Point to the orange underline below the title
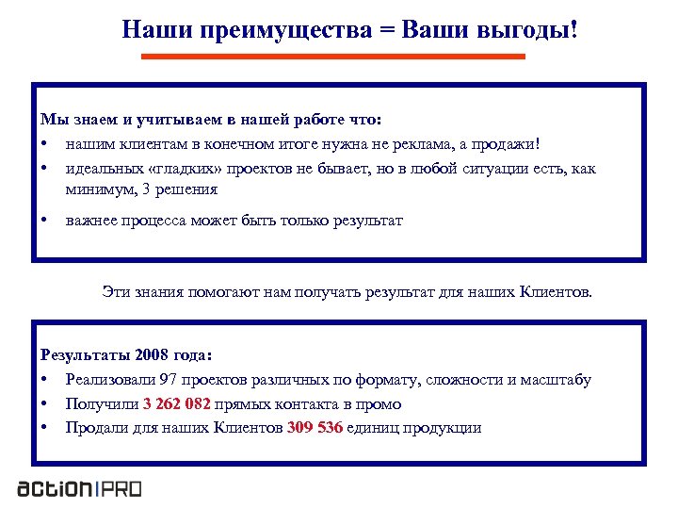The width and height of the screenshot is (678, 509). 332,57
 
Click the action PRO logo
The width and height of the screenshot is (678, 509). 79,488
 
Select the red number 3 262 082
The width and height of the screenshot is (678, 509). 176,404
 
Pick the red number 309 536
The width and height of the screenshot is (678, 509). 314,428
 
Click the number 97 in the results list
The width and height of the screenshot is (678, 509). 170,380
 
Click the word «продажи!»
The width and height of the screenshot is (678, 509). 509,144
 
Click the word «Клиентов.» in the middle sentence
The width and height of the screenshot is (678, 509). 557,292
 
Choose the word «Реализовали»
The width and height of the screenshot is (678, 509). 111,380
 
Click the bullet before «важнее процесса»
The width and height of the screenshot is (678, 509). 44,221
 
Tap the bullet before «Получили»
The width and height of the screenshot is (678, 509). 44,404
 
